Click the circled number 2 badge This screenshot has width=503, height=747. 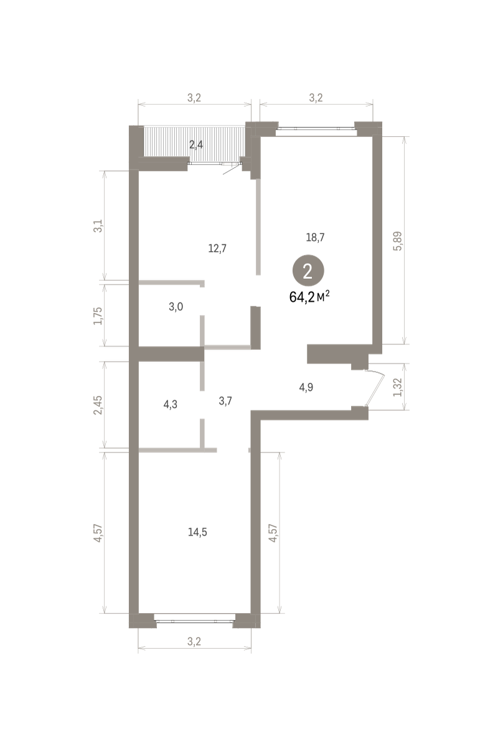(308, 271)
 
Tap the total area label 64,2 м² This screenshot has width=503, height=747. (309, 296)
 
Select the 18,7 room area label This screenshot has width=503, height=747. (315, 237)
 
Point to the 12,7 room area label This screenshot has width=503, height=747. (217, 248)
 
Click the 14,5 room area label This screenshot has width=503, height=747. (197, 532)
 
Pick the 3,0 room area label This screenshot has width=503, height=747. (176, 307)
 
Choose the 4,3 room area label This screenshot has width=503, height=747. (170, 405)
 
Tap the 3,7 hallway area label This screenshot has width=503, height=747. (225, 401)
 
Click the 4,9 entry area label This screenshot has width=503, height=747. (306, 387)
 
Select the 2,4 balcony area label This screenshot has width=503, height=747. (196, 144)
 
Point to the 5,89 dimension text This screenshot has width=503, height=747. (398, 241)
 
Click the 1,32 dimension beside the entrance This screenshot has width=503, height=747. (398, 387)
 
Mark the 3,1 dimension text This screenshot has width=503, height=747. (98, 226)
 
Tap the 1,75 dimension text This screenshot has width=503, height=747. (98, 316)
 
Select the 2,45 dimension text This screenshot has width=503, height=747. (98, 405)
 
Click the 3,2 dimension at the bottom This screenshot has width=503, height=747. (194, 641)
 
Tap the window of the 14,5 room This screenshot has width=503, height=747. (195, 621)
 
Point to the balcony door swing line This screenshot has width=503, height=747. (232, 169)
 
